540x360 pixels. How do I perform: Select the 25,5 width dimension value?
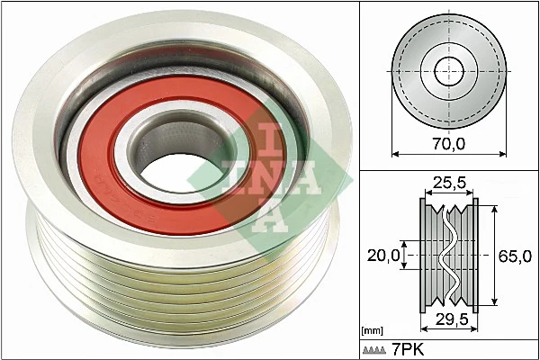tap(447, 184)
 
